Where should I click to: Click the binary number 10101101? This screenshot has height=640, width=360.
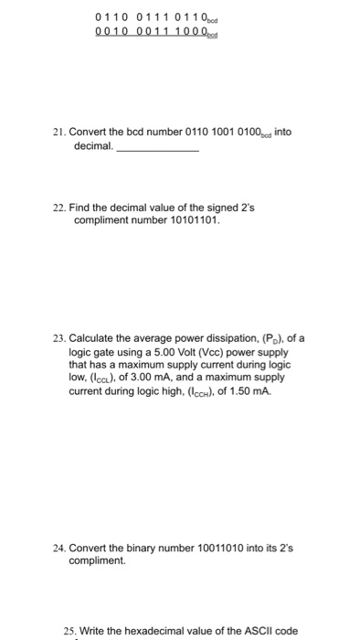pyautogui.click(x=191, y=220)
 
